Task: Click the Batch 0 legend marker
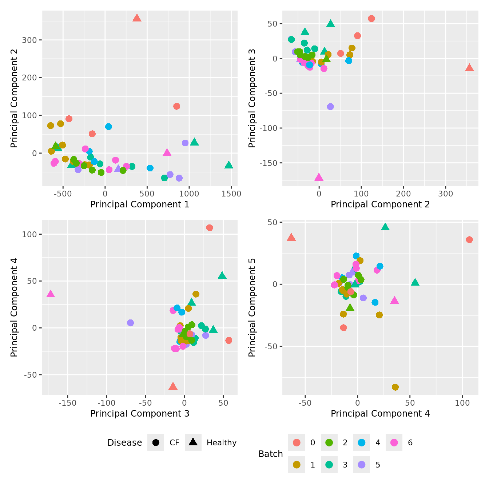pyautogui.click(x=297, y=442)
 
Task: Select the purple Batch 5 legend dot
pyautogui.click(x=362, y=465)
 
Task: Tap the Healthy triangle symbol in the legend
pyautogui.click(x=193, y=442)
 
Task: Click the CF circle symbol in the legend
pyautogui.click(x=156, y=442)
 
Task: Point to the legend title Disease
pyautogui.click(x=124, y=443)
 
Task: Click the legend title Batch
pyautogui.click(x=270, y=454)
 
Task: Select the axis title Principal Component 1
pyautogui.click(x=140, y=204)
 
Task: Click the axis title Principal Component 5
pyautogui.click(x=252, y=307)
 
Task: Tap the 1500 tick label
pyautogui.click(x=231, y=194)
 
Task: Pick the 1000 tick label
pyautogui.click(x=189, y=194)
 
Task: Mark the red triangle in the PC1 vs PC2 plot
pyautogui.click(x=137, y=18)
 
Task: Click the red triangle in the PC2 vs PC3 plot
pyautogui.click(x=469, y=68)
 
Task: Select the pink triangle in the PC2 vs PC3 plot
pyautogui.click(x=319, y=178)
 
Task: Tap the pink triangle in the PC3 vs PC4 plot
pyautogui.click(x=51, y=294)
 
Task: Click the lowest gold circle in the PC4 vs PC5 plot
pyautogui.click(x=395, y=387)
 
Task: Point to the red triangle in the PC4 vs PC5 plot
pyautogui.click(x=291, y=238)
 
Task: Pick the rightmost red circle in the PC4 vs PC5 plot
pyautogui.click(x=469, y=239)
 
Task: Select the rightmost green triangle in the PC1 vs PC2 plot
pyautogui.click(x=228, y=165)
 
